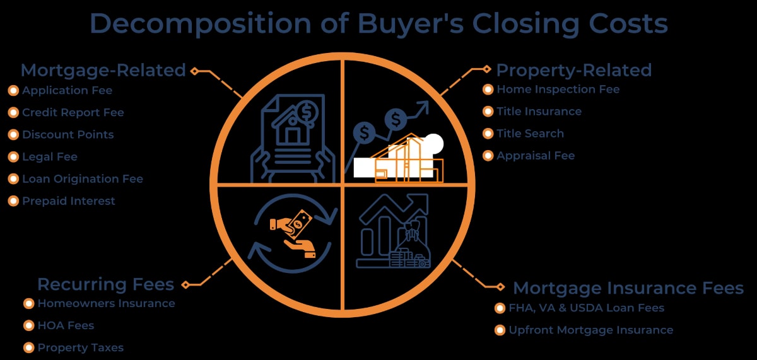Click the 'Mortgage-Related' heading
point(103,71)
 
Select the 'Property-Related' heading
point(574,71)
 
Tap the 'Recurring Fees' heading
point(105,284)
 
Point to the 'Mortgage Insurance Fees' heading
point(628,288)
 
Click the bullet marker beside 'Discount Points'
point(13,134)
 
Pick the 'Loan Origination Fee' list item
point(83,178)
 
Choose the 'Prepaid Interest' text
point(69,201)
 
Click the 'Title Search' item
point(531,134)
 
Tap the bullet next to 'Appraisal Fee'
point(488,156)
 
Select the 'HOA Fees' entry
point(66,325)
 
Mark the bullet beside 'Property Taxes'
point(29,347)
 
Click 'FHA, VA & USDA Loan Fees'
point(587,308)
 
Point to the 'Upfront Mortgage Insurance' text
point(591,330)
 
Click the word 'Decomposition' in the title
point(201,23)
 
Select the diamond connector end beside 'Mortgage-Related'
point(195,71)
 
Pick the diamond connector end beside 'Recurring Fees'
point(185,285)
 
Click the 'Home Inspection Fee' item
point(558,89)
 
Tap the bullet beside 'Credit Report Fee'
point(13,112)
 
